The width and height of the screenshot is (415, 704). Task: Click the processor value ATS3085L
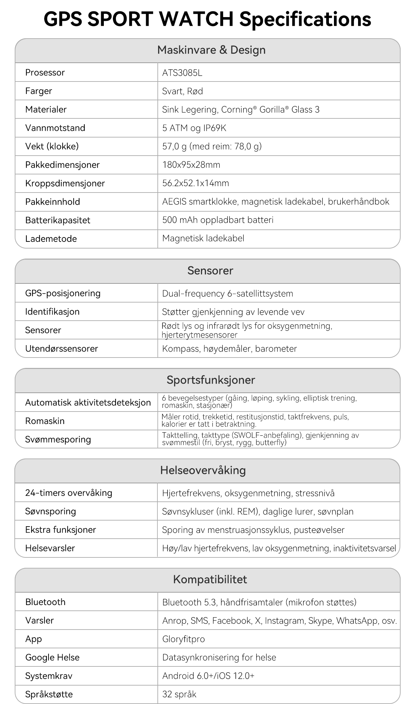(182, 73)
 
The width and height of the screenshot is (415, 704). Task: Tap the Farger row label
(39, 91)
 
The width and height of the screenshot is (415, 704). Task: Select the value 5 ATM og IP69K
(194, 128)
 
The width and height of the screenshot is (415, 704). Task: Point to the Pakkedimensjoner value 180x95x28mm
(191, 165)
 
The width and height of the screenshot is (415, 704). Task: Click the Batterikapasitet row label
(58, 220)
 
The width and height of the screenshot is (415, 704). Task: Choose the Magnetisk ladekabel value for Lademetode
(203, 238)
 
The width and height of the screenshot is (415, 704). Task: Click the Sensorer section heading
(210, 270)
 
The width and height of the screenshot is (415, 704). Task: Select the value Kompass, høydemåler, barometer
(229, 348)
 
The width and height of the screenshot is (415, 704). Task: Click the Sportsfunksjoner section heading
(211, 380)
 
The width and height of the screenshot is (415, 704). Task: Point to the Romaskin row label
(45, 421)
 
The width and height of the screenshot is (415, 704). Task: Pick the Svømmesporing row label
(58, 439)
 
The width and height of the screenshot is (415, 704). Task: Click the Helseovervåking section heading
(203, 470)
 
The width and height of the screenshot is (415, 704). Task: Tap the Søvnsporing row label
(51, 511)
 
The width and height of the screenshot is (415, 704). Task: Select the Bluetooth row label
(45, 602)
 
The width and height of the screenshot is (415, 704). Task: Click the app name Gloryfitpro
(183, 639)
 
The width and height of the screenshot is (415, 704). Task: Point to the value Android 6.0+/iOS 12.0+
(208, 675)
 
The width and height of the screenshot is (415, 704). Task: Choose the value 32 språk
(179, 694)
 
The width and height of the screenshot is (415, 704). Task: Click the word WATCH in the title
(196, 19)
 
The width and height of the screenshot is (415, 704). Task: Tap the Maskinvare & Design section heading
(211, 50)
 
